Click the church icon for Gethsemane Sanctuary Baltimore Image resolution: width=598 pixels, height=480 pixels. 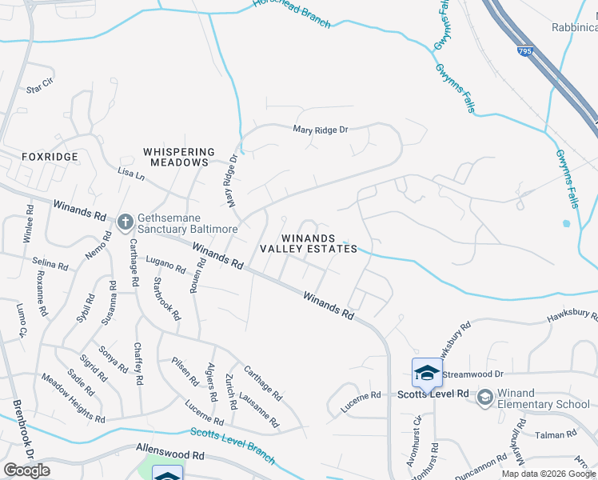[125, 222]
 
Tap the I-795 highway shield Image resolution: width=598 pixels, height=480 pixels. [524, 51]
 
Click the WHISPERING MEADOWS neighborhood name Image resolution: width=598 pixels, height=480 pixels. [179, 157]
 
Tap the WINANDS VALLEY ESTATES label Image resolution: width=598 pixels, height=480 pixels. [309, 243]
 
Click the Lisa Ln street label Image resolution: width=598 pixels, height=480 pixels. [131, 174]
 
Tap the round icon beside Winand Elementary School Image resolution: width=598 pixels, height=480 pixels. [484, 398]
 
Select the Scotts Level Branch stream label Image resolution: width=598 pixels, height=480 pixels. [232, 445]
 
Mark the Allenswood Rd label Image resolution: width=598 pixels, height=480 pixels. [171, 454]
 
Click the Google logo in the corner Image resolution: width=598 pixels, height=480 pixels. [26, 470]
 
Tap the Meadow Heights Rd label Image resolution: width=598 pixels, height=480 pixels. [73, 399]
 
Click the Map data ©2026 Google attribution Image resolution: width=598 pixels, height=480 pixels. [549, 474]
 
